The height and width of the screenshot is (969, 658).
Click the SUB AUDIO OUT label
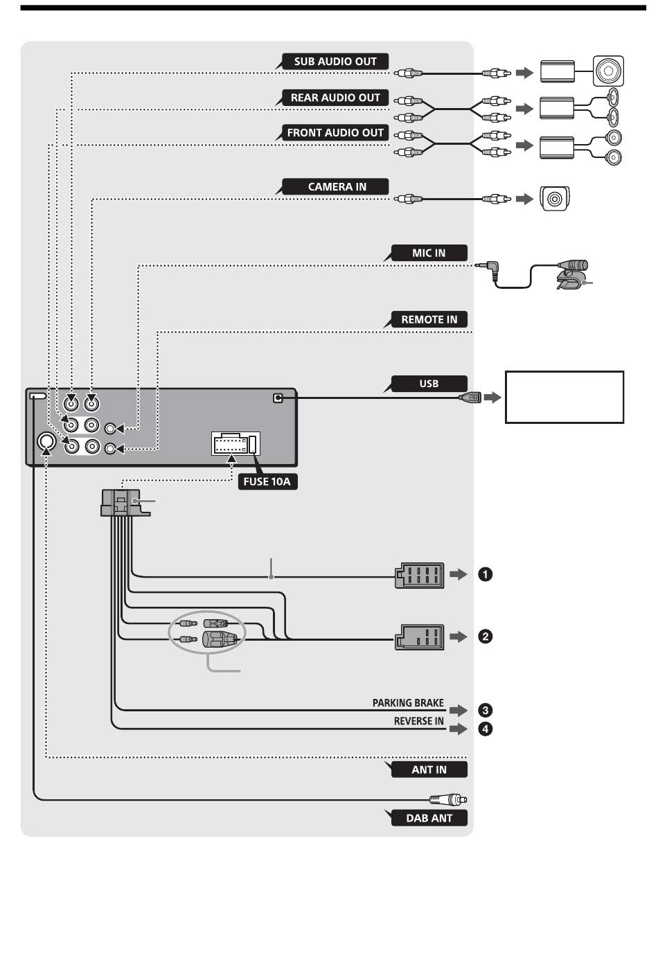pos(335,62)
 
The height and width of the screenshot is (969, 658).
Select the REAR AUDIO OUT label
pos(335,98)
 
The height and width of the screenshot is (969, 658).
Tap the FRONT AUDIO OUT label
pos(335,133)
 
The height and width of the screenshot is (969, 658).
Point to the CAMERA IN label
pos(335,186)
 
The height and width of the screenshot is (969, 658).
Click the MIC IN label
pos(429,253)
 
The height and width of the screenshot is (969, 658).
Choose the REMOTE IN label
pos(429,320)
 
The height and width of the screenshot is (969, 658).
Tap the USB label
pos(429,384)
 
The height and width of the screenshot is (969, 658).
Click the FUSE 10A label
pos(267,481)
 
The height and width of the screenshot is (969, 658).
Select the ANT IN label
pos(429,770)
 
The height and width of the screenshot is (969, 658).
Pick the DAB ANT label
pos(429,818)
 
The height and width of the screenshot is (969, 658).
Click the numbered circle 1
pos(485,574)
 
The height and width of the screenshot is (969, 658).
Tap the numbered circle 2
pos(485,637)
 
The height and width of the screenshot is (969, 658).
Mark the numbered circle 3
pos(485,711)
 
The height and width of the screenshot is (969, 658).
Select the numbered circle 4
pos(485,729)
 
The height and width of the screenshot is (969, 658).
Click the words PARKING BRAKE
pos(408,703)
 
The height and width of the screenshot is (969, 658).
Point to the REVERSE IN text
pos(418,721)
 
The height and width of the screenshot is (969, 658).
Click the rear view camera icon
pos(555,199)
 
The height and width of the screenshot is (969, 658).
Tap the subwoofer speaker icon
pos(608,71)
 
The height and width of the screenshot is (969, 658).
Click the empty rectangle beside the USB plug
pos(564,397)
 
